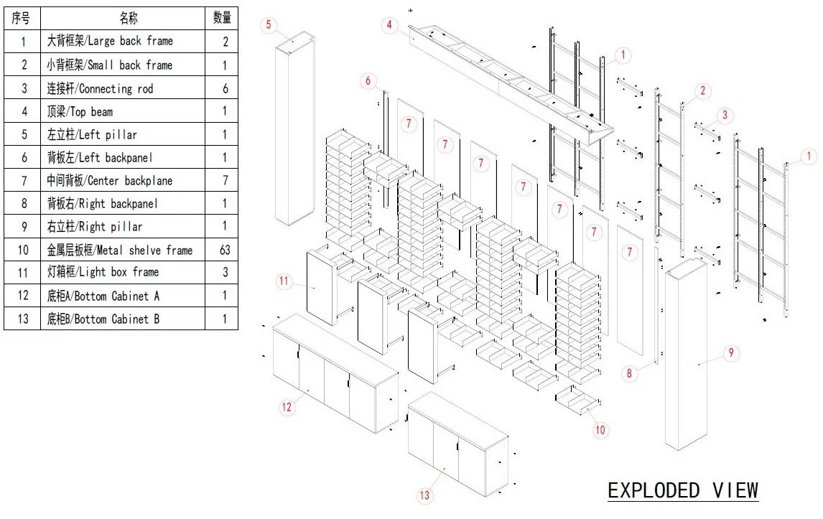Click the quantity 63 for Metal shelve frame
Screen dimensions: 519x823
click(225, 250)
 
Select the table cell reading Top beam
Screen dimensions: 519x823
click(122, 111)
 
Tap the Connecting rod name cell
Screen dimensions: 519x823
click(122, 88)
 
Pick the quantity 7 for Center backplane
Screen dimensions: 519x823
click(225, 180)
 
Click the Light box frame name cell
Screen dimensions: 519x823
click(122, 272)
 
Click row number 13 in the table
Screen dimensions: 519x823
click(23, 319)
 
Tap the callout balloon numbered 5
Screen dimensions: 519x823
click(269, 25)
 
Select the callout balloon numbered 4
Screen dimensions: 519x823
click(389, 25)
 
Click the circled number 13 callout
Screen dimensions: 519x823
click(424, 495)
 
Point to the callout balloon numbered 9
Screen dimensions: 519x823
click(730, 352)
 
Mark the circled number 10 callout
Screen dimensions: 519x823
click(601, 430)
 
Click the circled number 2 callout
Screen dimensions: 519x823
click(702, 90)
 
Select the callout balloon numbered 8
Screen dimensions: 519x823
click(629, 373)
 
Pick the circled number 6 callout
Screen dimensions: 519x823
click(368, 81)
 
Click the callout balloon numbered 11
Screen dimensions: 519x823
click(284, 281)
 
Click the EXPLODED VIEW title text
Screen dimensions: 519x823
click(683, 490)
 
